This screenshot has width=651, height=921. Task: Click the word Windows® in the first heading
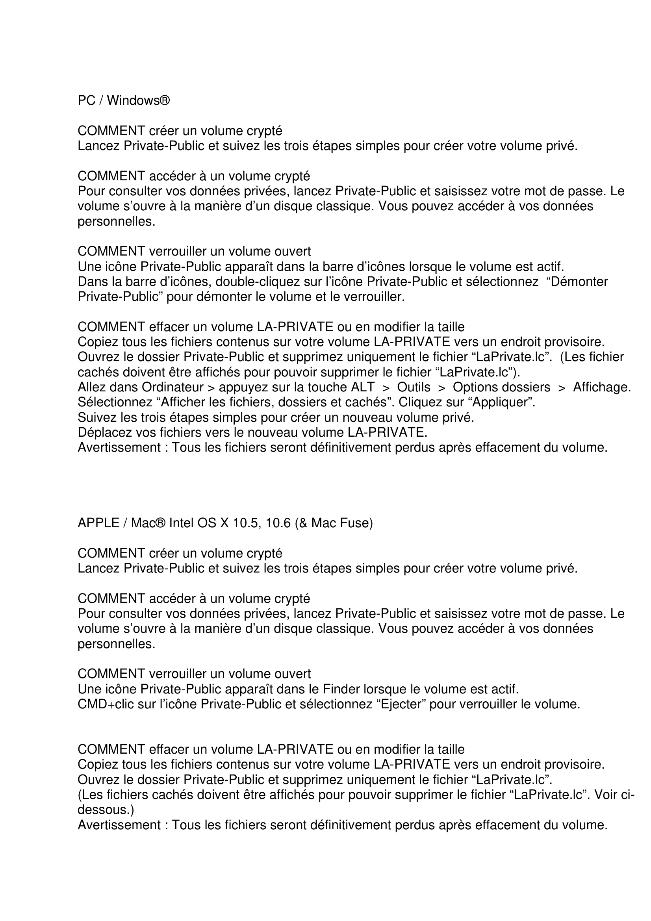(138, 100)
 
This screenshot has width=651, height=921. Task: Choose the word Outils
(414, 387)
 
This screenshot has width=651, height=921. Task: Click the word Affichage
(602, 387)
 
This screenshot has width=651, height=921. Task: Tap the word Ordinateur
(173, 387)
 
